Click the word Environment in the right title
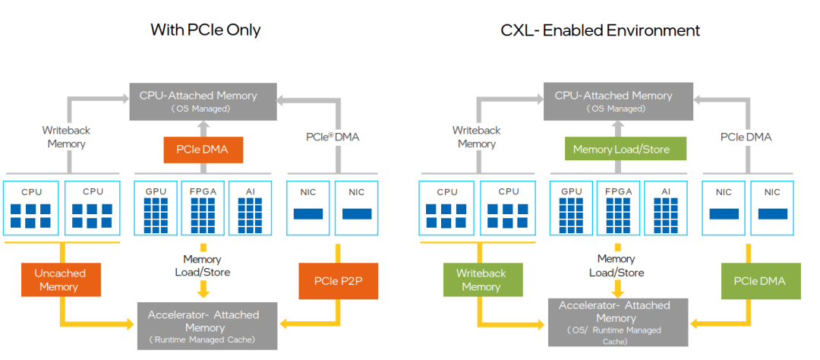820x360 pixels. click(654, 30)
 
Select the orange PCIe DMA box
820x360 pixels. click(203, 149)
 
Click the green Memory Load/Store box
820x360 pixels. click(621, 150)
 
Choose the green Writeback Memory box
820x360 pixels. click(481, 279)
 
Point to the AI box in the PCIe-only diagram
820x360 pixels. click(250, 207)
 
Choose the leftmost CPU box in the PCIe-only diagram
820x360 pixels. click(31, 207)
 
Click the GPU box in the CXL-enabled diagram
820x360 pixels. click(571, 207)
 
